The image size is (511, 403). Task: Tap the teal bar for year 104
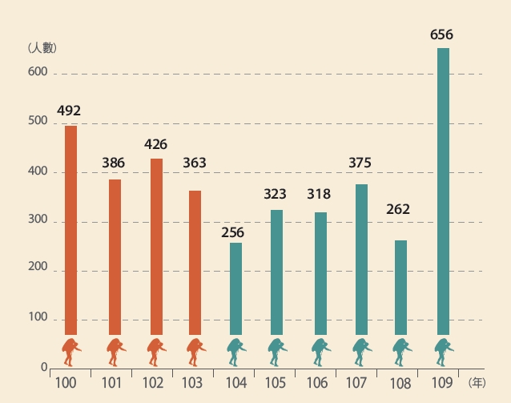click(x=235, y=288)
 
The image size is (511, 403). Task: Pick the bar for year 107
click(x=361, y=259)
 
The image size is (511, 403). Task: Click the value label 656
click(x=442, y=34)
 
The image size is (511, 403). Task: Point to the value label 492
click(x=70, y=111)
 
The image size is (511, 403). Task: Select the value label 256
click(x=232, y=232)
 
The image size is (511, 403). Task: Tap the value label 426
click(x=156, y=145)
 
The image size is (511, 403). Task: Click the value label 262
click(x=398, y=209)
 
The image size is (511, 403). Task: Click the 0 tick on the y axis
click(x=45, y=368)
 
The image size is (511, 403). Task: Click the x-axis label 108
click(x=399, y=383)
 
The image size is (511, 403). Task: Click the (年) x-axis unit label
click(x=477, y=383)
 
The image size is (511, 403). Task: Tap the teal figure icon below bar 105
click(x=278, y=350)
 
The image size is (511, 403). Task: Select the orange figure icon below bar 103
click(x=196, y=350)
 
